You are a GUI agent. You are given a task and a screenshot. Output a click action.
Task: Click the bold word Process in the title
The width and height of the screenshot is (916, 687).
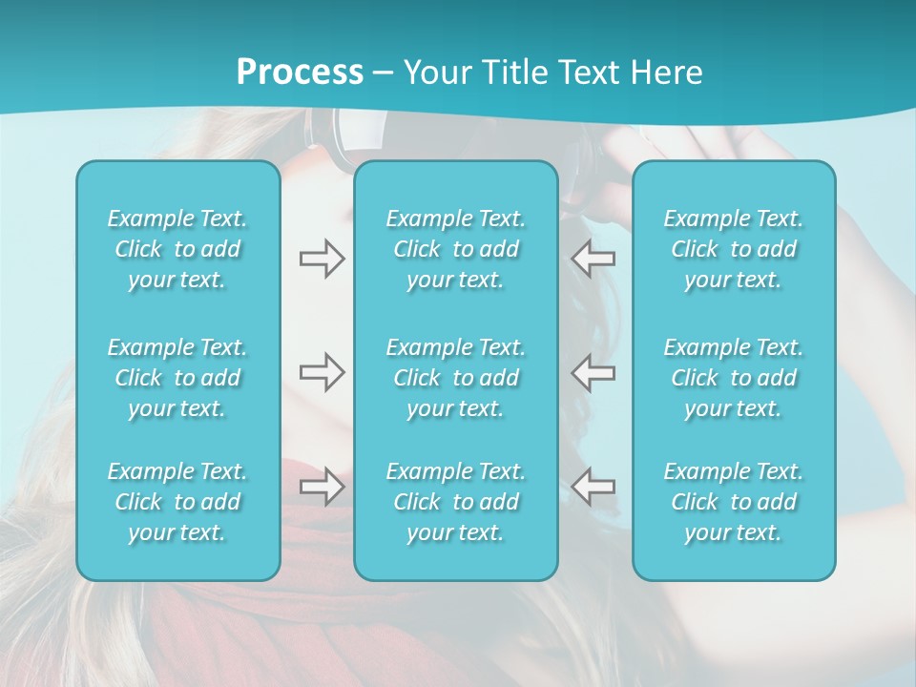(300, 73)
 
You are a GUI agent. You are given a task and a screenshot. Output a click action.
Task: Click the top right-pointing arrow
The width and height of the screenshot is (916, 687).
(322, 259)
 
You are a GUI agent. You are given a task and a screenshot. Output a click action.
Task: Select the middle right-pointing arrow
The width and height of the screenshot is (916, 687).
(322, 372)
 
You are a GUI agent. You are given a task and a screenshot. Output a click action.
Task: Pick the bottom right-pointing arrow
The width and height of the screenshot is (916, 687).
(322, 487)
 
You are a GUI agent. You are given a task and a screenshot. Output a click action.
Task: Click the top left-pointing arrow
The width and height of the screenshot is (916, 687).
(593, 259)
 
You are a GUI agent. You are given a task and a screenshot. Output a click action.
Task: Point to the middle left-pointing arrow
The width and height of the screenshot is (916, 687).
(593, 372)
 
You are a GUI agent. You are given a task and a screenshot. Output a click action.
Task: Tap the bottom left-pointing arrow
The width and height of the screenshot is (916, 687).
(593, 487)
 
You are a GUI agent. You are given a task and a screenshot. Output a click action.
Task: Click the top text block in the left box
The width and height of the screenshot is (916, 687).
(177, 249)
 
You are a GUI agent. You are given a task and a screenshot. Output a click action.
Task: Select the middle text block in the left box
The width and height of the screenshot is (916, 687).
(177, 378)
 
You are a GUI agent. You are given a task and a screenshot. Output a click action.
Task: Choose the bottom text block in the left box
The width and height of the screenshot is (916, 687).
(177, 502)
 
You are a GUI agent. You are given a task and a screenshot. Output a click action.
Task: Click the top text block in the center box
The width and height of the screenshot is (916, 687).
(456, 249)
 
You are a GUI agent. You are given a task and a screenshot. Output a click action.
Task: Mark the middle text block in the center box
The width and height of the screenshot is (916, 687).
(456, 378)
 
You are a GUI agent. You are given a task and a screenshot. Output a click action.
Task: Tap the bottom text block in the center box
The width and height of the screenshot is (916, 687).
(456, 502)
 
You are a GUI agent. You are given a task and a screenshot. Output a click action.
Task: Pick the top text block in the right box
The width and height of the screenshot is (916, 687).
(734, 249)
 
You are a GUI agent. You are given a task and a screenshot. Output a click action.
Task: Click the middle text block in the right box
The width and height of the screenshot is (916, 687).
(734, 378)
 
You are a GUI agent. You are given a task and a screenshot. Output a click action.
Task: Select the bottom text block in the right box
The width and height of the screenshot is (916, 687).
(734, 502)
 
